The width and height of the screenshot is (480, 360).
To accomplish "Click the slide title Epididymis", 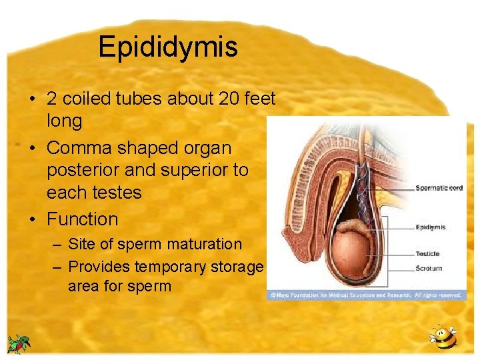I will (167, 47).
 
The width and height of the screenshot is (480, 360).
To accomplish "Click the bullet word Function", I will (82, 219).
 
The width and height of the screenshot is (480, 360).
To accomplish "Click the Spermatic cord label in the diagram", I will (439, 188).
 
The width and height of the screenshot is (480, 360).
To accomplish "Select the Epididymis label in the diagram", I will (431, 227).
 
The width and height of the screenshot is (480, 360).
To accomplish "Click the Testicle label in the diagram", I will (427, 253).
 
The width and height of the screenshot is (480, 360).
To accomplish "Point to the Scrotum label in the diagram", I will (428, 269).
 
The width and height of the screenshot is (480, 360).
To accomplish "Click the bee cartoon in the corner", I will (443, 339).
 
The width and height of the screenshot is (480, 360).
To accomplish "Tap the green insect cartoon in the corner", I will (19, 344).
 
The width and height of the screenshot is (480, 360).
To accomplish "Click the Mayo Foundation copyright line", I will (366, 295).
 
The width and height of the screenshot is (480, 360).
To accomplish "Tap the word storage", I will (237, 267).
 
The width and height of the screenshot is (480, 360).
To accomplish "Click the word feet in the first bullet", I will (261, 99).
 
